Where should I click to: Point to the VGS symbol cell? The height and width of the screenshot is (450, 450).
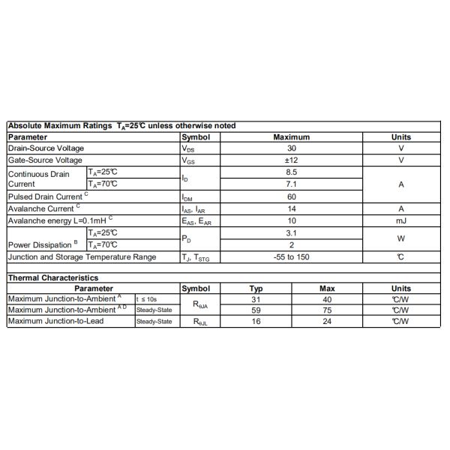coord(188,160)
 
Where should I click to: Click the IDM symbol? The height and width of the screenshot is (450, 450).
coord(188,197)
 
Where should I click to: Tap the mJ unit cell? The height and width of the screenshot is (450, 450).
coord(401,220)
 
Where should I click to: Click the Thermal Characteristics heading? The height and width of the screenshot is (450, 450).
coord(52,277)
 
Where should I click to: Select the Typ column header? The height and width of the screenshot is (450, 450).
coord(256,288)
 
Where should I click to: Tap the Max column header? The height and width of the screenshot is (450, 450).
coord(327,288)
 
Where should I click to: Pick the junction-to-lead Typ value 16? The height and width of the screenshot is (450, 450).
coord(256,321)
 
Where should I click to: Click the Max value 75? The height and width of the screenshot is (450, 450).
coord(327,310)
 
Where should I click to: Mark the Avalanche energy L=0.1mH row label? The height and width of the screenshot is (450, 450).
coord(60,220)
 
